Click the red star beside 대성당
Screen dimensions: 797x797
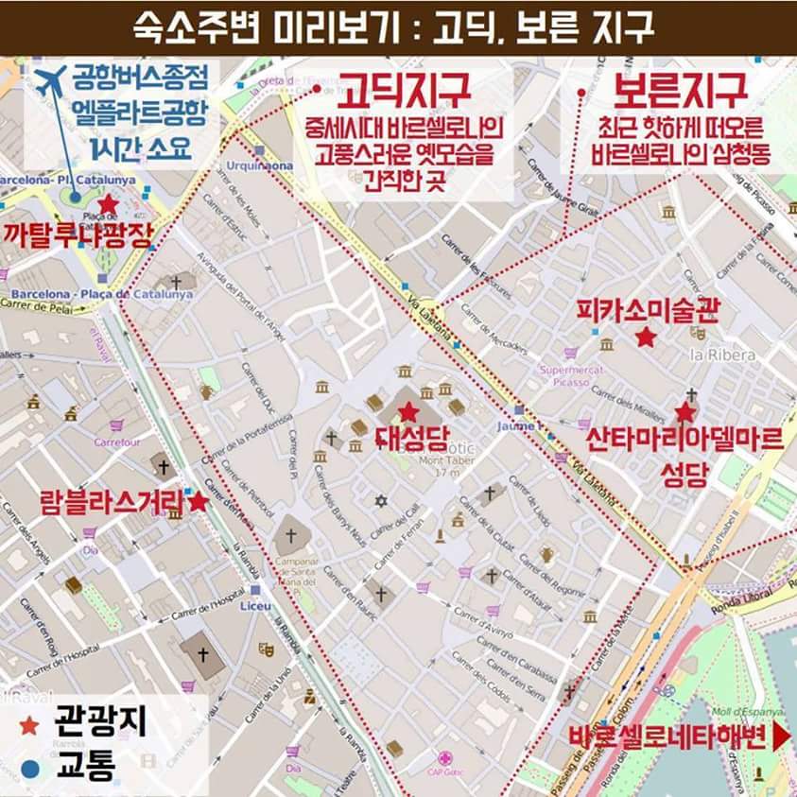click(x=407, y=411)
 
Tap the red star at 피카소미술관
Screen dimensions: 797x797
click(x=646, y=338)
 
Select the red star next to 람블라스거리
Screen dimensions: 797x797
click(x=199, y=502)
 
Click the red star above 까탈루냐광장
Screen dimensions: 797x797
click(x=109, y=204)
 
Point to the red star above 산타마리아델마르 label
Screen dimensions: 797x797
click(x=684, y=412)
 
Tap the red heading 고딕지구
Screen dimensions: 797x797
click(x=406, y=92)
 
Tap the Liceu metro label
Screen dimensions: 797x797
click(x=255, y=604)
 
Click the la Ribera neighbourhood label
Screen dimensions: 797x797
click(x=722, y=355)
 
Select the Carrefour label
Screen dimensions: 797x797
click(x=116, y=442)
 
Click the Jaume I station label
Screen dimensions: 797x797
click(x=516, y=426)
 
